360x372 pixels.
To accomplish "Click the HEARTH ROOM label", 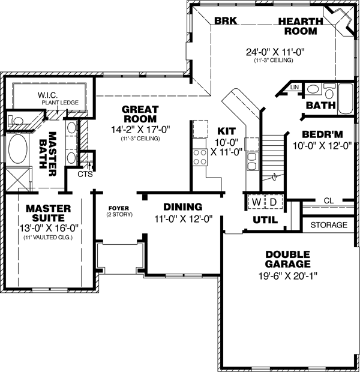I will coord(301,26).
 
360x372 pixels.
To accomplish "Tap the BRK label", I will coord(226,20).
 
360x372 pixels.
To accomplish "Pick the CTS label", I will coord(85,174).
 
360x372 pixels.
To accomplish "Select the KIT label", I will coord(226,130).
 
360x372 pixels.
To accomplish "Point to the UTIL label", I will coord(265,220).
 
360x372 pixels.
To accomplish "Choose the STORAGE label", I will coord(329,225).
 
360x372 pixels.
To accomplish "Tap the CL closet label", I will coord(328,200).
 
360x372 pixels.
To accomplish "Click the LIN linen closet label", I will coord(294,88).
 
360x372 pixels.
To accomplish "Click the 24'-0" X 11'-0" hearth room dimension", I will coord(276,52).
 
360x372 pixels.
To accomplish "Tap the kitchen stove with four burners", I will coord(199,157).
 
